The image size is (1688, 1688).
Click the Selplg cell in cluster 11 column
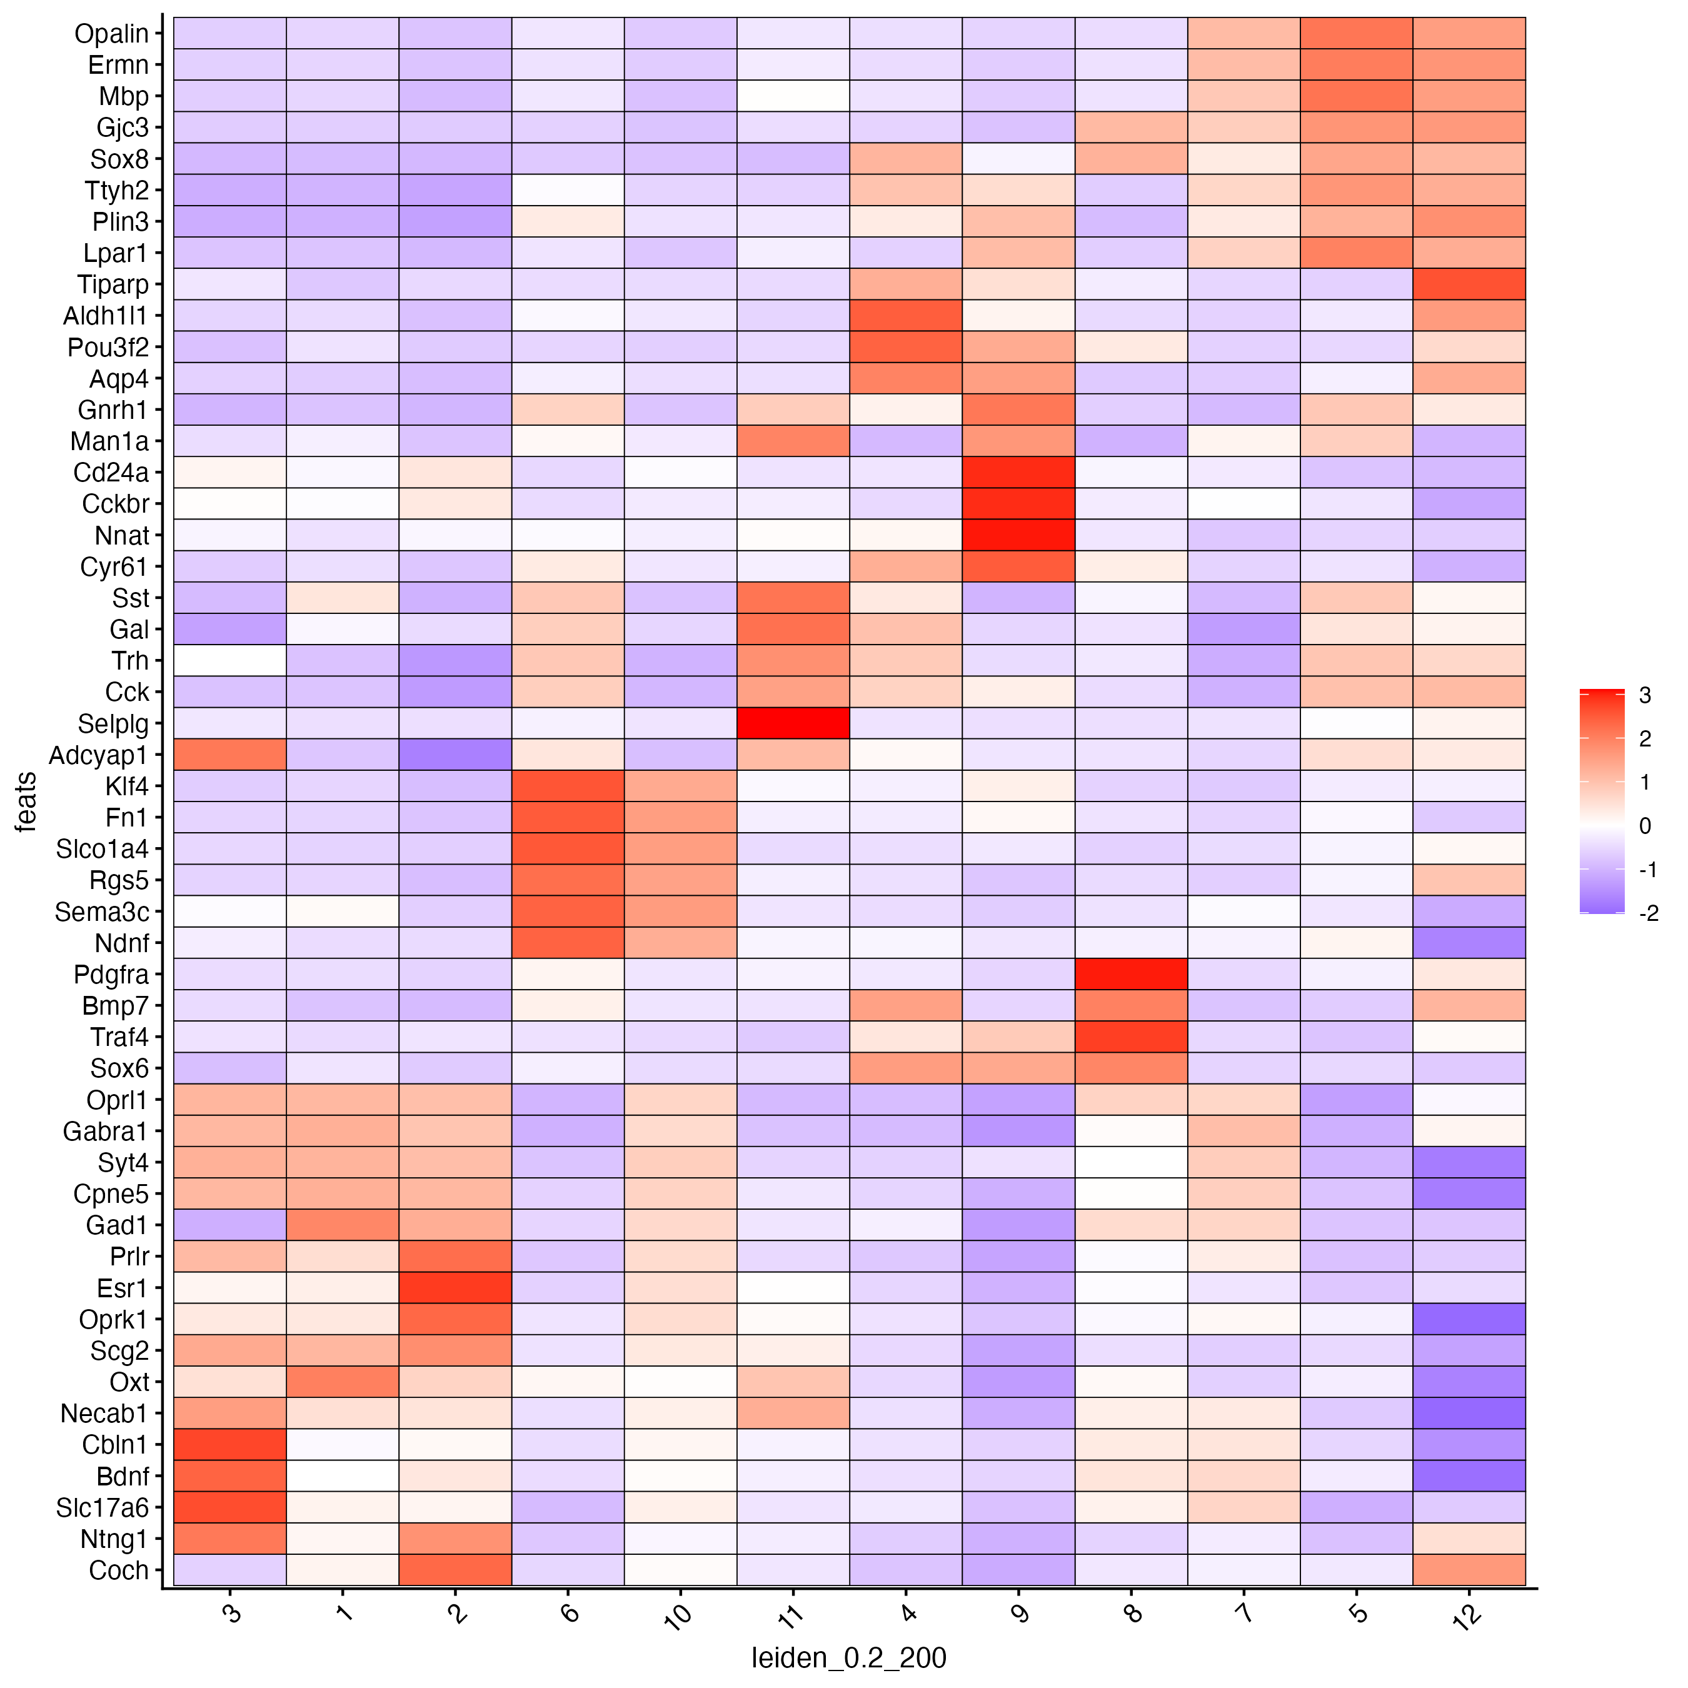[793, 723]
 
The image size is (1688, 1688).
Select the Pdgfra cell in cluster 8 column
[1130, 974]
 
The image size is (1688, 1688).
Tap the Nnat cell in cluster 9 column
[1018, 536]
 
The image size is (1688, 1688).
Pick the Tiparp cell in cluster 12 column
[1469, 285]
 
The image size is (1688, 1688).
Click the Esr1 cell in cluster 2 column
[455, 1288]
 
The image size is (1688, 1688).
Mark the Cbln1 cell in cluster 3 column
[230, 1444]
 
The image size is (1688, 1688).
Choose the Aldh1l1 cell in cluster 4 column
[905, 316]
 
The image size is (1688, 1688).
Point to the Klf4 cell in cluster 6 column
[568, 786]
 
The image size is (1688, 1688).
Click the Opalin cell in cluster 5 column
[1356, 33]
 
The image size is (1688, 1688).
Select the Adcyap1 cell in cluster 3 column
[230, 755]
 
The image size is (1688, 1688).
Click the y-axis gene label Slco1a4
[103, 849]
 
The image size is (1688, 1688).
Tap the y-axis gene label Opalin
[112, 33]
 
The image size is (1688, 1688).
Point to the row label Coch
[119, 1570]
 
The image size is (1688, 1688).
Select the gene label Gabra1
[106, 1132]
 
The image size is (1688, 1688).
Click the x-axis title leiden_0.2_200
[848, 1657]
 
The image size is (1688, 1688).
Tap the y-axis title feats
[26, 801]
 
